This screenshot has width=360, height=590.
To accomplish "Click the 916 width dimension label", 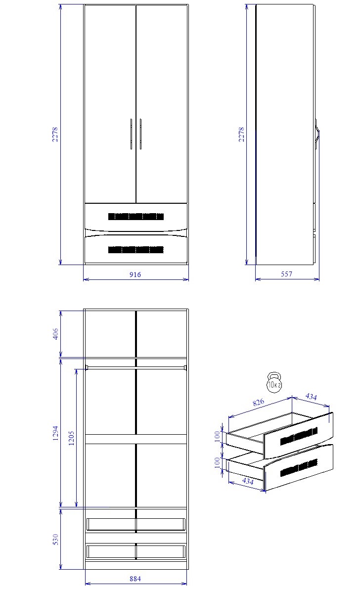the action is click(x=135, y=274).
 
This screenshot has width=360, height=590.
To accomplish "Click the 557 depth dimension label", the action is click(x=287, y=274).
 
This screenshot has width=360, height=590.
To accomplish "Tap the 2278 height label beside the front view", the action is click(x=55, y=135).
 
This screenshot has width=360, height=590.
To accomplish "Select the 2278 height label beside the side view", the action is click(x=241, y=135).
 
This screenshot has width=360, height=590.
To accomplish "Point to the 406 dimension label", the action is click(x=55, y=334).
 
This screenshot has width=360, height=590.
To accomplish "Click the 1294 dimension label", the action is click(x=55, y=433).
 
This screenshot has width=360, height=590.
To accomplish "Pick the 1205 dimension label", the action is click(x=71, y=438).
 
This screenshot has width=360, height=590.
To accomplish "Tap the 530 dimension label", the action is click(x=55, y=539).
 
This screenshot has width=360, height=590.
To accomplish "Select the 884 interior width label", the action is click(x=135, y=579).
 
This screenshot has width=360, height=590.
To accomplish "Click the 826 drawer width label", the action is click(x=259, y=403).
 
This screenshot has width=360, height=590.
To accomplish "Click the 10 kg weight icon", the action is click(x=274, y=382).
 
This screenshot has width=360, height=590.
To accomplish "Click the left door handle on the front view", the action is click(x=131, y=134).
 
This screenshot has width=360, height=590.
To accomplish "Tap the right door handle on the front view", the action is click(x=141, y=134).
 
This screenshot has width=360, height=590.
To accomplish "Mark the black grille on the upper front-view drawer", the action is click(x=136, y=217).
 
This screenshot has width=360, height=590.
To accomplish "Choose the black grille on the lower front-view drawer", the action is click(x=136, y=250).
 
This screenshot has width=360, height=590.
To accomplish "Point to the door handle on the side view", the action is click(x=317, y=135).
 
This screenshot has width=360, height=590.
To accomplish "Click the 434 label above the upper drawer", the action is click(x=311, y=397).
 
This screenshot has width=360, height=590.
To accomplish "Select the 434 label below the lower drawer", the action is click(x=248, y=481).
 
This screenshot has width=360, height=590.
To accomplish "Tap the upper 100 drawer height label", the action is click(x=217, y=437).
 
